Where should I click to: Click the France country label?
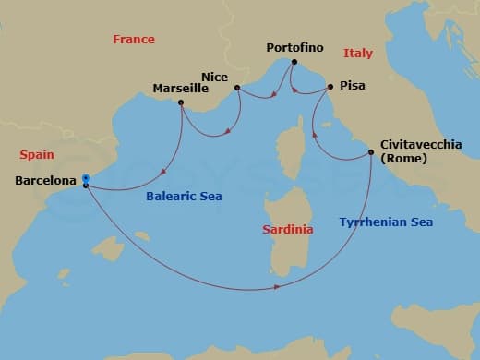134,40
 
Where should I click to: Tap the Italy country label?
357,54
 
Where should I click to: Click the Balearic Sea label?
184,196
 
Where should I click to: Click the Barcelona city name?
45,182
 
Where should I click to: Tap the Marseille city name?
181,90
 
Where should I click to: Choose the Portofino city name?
294,47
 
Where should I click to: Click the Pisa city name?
353,86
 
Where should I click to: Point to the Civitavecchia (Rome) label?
421,150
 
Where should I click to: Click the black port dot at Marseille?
181,102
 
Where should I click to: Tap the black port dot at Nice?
237,89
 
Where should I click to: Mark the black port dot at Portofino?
294,62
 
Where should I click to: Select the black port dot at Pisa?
330,87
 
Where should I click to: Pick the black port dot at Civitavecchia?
371,153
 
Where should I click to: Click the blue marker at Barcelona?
85,177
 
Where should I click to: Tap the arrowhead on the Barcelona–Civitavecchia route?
276,289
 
